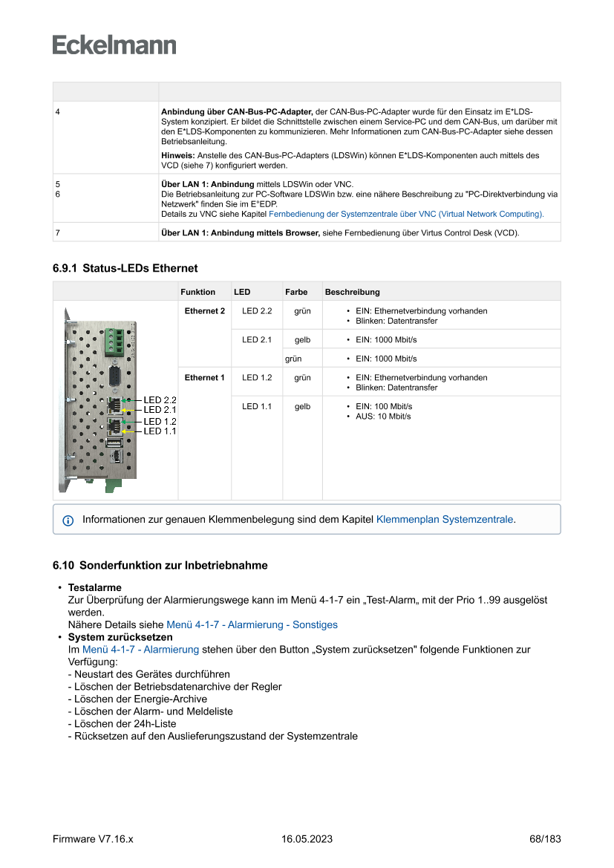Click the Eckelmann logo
114,45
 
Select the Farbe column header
296,292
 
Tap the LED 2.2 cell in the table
257,311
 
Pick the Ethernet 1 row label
204,378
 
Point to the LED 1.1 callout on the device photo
160,431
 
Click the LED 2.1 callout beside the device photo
160,410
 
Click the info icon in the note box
68,521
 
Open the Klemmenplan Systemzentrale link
445,520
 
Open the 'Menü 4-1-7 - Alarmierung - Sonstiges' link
252,625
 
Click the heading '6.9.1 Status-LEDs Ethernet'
125,268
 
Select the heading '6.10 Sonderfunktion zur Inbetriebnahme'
160,565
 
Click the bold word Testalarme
94,587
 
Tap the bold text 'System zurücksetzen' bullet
120,637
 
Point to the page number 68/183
545,839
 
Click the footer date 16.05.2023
307,839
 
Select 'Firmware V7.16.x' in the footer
93,839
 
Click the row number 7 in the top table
58,233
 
